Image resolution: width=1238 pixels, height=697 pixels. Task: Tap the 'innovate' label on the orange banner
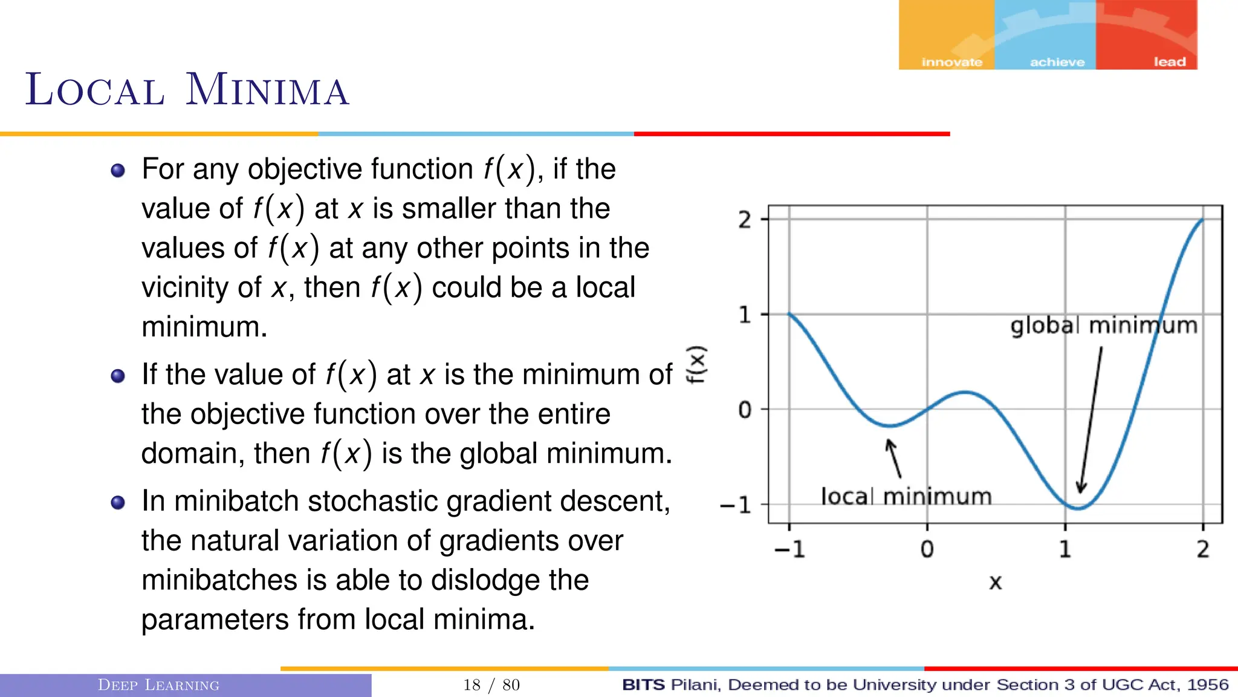tap(951, 62)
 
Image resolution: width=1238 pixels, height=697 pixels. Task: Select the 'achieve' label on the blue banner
tap(1057, 62)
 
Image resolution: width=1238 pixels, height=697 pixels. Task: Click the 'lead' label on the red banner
tap(1169, 62)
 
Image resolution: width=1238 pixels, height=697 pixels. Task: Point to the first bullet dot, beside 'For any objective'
tap(118, 170)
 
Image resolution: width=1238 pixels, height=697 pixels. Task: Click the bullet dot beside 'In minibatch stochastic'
tap(118, 502)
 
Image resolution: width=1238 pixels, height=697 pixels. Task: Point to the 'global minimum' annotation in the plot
tap(1103, 326)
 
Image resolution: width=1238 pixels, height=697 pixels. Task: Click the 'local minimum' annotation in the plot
tap(906, 497)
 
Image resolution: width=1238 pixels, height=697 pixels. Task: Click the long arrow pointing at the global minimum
tap(1091, 420)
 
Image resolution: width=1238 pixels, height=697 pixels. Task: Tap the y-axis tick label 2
tap(745, 220)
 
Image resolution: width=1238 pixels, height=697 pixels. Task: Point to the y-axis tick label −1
tap(736, 505)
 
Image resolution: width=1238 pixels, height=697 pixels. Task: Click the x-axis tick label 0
tap(927, 549)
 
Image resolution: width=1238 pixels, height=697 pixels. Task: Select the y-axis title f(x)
tap(696, 364)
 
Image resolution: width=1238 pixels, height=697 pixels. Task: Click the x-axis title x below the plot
tap(995, 582)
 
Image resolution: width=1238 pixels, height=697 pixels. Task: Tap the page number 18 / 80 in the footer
tap(491, 685)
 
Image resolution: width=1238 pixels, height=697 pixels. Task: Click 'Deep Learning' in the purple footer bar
tap(158, 685)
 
